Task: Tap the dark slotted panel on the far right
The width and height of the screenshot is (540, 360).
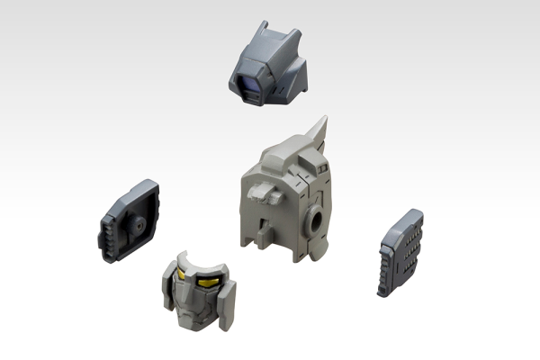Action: pyautogui.click(x=400, y=252)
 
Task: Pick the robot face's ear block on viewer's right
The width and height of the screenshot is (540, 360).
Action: pyautogui.click(x=229, y=303)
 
